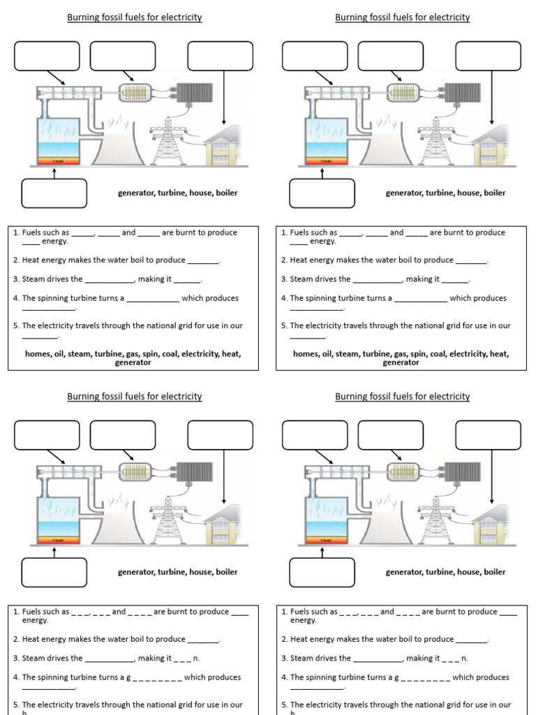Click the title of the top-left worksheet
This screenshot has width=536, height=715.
coord(134,17)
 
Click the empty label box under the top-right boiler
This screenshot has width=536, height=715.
coord(322,193)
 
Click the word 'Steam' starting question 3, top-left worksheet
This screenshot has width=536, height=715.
coord(33,279)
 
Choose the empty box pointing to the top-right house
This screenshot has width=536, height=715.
coord(488,56)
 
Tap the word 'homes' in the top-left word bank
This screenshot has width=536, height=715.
coord(38,354)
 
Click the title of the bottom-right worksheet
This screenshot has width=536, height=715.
coord(402,397)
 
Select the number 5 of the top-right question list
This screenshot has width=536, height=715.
coord(284,325)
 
